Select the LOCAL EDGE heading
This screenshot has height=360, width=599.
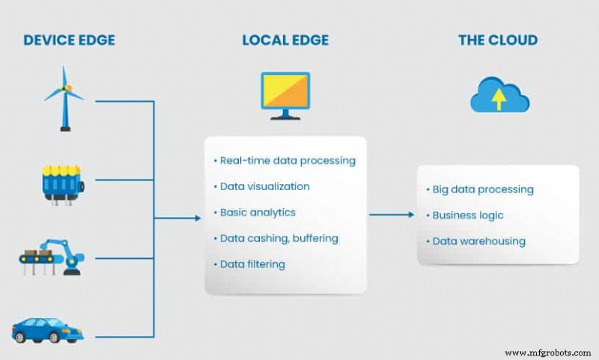(x=285, y=40)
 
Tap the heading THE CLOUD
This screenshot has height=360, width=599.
(x=497, y=40)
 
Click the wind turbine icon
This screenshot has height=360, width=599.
(x=64, y=98)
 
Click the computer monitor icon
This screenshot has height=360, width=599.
(x=285, y=95)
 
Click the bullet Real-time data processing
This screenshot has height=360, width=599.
(x=285, y=161)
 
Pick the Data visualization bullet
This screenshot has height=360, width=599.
(x=261, y=186)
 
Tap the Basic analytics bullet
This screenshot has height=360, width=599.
(x=254, y=213)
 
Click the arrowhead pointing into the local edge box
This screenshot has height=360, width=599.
(x=198, y=218)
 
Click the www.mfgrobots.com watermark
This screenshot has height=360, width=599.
(x=549, y=352)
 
